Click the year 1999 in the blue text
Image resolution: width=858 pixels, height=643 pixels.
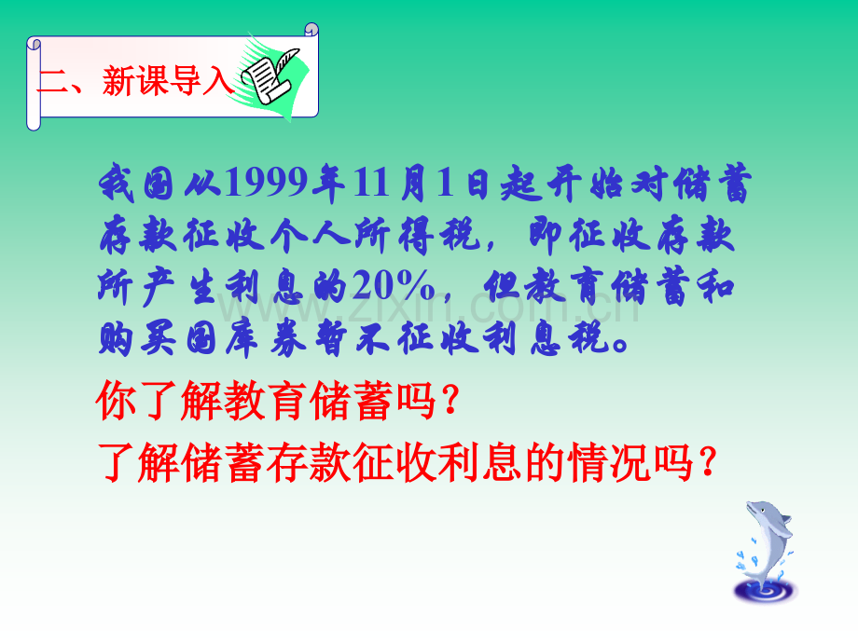(x=266, y=182)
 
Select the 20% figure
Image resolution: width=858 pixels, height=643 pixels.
(x=394, y=285)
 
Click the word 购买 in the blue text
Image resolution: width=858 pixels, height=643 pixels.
(x=137, y=338)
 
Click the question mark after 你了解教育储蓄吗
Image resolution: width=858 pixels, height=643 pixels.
(x=451, y=400)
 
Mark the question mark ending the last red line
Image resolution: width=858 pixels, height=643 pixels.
(x=708, y=462)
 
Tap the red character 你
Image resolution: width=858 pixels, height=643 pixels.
(x=117, y=400)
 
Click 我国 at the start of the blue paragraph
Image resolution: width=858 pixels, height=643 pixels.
(x=137, y=182)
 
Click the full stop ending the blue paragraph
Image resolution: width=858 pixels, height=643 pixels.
(x=620, y=345)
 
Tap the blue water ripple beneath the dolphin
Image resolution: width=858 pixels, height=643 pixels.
(x=766, y=591)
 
